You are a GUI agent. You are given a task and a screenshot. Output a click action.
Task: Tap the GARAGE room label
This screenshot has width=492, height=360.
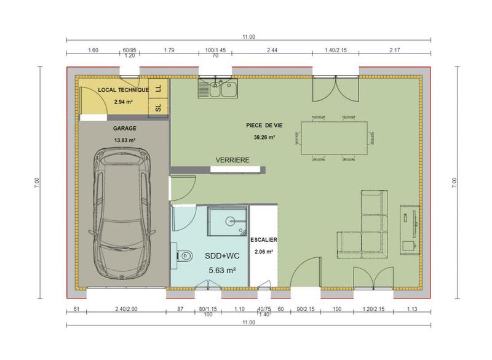(124, 129)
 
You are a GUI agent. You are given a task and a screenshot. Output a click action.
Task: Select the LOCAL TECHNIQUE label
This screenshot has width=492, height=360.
(124, 90)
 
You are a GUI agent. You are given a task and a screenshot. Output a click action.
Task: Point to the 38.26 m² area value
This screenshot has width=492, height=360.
(264, 138)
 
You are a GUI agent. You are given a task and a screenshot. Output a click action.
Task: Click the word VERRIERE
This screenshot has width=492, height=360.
(232, 160)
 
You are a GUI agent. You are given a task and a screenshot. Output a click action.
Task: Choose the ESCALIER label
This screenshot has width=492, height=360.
(264, 239)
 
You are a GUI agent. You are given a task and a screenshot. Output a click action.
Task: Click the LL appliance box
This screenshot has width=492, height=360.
(159, 89)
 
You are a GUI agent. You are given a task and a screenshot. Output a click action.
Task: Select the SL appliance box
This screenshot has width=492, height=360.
(159, 107)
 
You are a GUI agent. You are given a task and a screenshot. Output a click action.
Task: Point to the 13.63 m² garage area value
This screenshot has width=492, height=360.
(124, 140)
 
